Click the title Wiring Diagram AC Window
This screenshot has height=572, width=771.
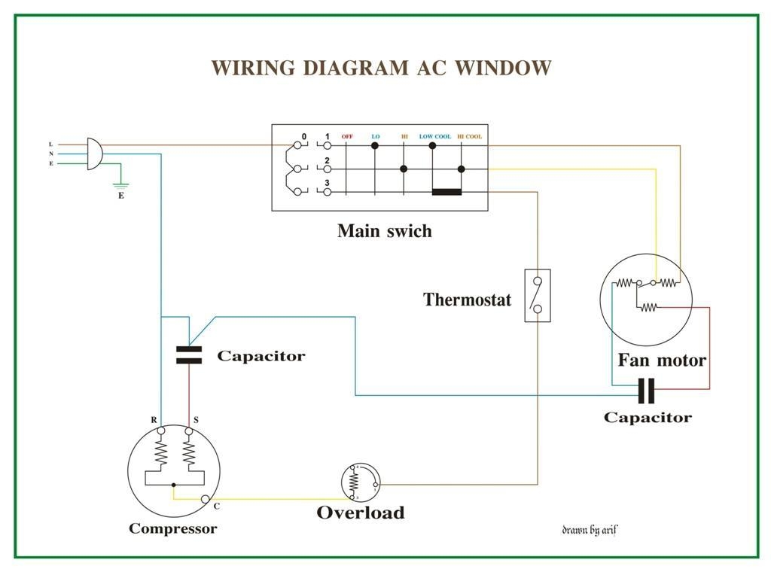coord(381,68)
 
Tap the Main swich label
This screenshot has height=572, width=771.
coord(385,230)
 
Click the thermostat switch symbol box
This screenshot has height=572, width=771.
coord(537,296)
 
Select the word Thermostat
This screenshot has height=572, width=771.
coord(467,300)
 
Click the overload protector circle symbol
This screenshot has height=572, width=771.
coord(361,482)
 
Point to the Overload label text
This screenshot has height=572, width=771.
coord(360,513)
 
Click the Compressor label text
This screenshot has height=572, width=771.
coord(172,528)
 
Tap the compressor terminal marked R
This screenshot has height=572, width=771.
coord(160,431)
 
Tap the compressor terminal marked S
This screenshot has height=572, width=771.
coord(189,431)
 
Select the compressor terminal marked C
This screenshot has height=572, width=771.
coord(206,499)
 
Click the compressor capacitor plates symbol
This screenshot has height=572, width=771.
coord(189,355)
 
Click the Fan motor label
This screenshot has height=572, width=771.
coord(662,360)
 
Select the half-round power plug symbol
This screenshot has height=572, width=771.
coord(94,154)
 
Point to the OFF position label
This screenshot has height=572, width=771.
coord(347,137)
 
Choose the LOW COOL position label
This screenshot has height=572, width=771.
coord(435,137)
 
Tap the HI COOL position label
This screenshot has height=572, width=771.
coord(469,137)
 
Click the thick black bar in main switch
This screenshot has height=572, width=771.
coord(446,192)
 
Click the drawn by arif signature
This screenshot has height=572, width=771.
coord(590,530)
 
